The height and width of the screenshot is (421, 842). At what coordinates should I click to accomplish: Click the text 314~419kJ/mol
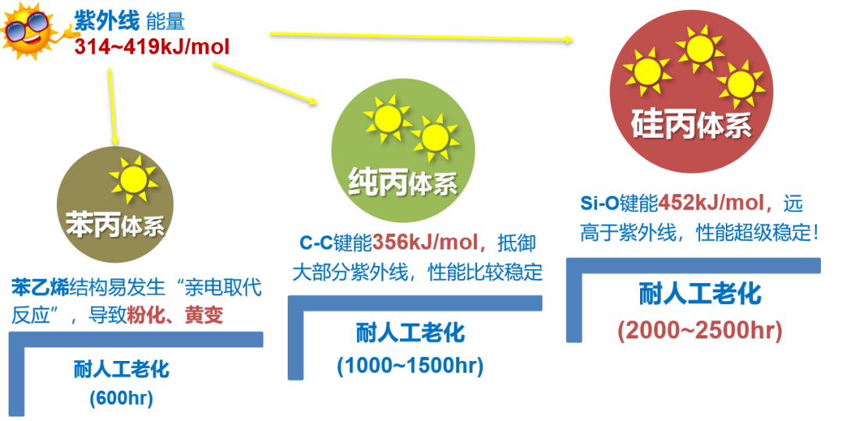tap(152, 47)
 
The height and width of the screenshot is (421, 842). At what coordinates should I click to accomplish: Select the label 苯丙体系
tap(115, 226)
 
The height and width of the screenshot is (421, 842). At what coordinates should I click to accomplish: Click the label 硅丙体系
tap(692, 123)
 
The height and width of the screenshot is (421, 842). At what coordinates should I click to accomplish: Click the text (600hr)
tap(121, 398)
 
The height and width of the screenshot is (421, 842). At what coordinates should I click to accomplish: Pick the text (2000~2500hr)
tap(699, 330)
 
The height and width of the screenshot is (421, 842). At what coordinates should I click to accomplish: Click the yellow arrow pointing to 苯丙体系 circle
tap(114, 106)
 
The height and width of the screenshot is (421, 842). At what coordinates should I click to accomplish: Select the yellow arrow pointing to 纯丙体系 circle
tap(265, 83)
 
